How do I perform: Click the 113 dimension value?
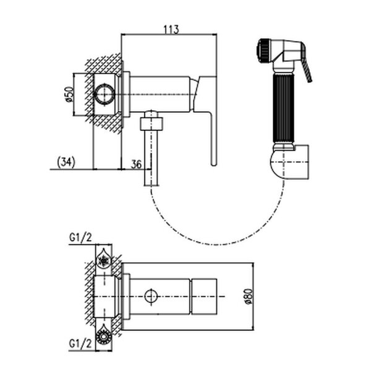171,30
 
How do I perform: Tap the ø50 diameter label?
69,95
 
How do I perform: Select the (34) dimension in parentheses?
66,162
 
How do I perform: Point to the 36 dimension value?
136,164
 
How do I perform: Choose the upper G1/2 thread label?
80,237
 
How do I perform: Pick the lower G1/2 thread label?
80,344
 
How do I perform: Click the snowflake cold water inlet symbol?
104,261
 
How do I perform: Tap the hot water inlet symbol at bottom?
104,336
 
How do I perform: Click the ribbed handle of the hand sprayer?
284,108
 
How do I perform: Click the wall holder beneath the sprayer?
289,162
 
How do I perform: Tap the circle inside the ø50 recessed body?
104,94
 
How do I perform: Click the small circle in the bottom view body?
151,296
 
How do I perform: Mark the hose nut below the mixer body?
151,124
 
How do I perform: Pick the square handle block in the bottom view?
204,296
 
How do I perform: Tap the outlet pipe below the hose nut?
151,158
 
